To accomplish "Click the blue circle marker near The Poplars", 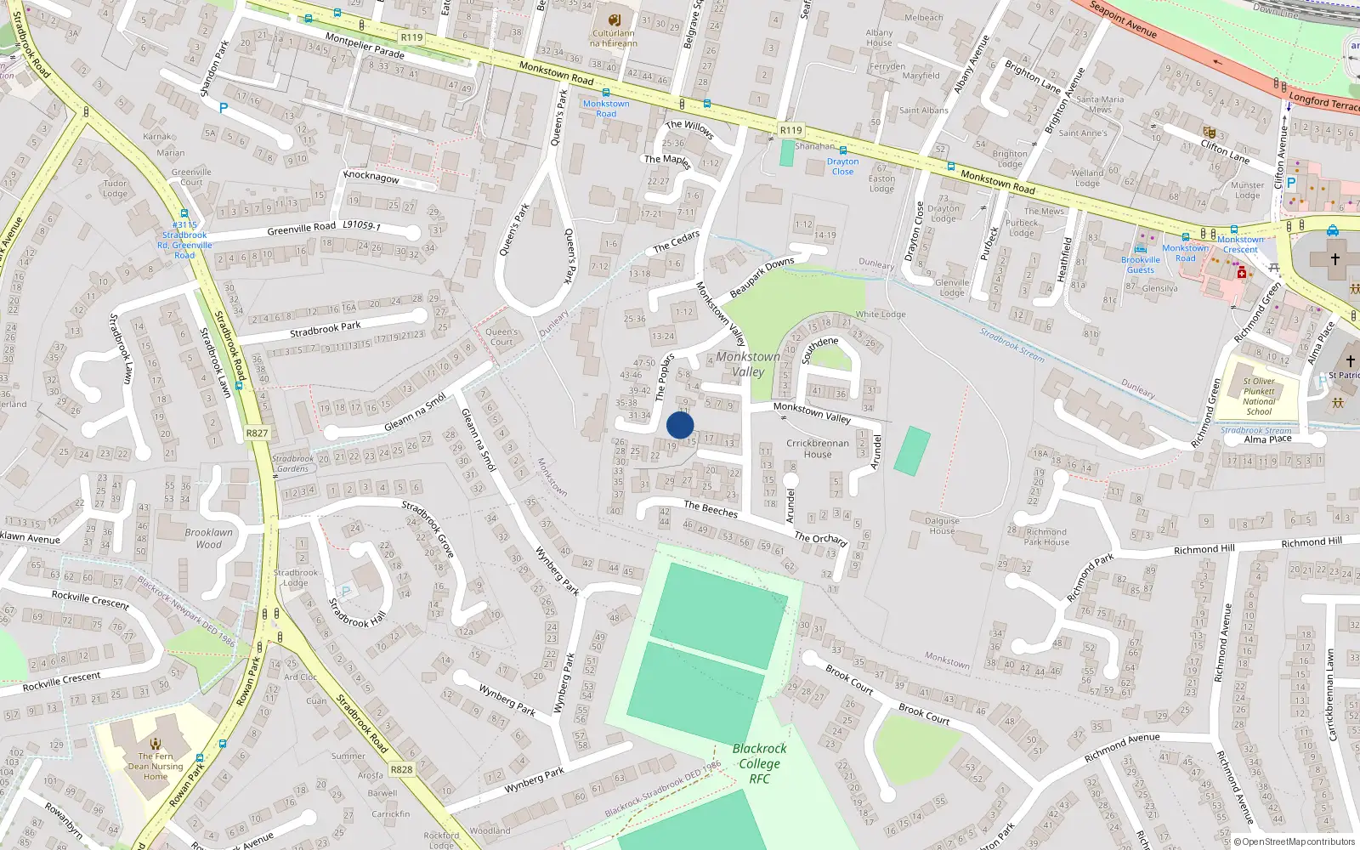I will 680,425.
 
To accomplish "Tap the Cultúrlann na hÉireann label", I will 614,38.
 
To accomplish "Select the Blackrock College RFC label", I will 759,763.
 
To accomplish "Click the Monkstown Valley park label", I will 748,364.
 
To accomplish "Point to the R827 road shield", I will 257,433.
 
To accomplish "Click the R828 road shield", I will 401,769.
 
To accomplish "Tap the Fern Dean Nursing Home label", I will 156,766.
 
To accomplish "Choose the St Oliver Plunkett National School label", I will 1259,396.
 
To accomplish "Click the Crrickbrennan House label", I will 817,448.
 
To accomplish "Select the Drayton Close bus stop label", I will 842,166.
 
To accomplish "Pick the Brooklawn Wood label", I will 208,538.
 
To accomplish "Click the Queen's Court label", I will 501,337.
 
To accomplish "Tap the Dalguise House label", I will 942,525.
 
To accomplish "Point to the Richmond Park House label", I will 1046,536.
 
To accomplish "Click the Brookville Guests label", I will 1141,264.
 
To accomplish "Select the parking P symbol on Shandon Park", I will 224,108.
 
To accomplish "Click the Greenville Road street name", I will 302,228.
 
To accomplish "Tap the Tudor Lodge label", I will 115,188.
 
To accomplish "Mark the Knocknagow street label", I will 371,177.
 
